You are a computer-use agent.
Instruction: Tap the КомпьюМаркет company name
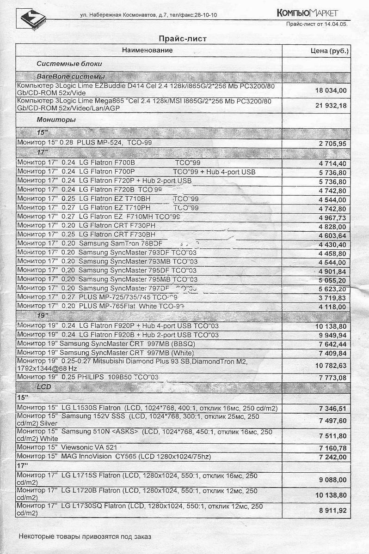pyautogui.click(x=307, y=12)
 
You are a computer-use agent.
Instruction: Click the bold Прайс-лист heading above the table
pyautogui.click(x=182, y=38)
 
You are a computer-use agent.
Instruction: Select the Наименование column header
pyautogui.click(x=148, y=50)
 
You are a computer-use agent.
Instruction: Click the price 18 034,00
pyautogui.click(x=331, y=90)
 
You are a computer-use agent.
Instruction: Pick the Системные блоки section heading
pyautogui.click(x=69, y=64)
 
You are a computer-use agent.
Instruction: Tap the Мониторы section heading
pyautogui.click(x=56, y=120)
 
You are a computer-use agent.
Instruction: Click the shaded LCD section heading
pyautogui.click(x=44, y=387)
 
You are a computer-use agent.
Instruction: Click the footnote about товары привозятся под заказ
pyautogui.click(x=85, y=536)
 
